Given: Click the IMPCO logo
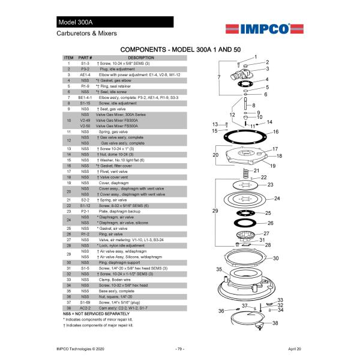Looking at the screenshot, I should pos(257,28).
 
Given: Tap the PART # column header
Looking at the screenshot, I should pos(85,58).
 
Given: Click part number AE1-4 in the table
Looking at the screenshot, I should pos(85,74).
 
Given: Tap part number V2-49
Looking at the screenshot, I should pos(85,120).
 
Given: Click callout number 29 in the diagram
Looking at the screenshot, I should pos(215,211).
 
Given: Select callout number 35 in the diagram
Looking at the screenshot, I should pos(220,269).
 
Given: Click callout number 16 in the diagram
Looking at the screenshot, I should pos(275,131).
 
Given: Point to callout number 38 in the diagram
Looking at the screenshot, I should pos(275,323).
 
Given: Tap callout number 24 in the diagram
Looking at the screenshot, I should pos(277,198).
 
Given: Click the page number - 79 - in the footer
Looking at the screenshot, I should pos(179,349).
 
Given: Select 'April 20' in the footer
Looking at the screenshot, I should pos(295,349).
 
